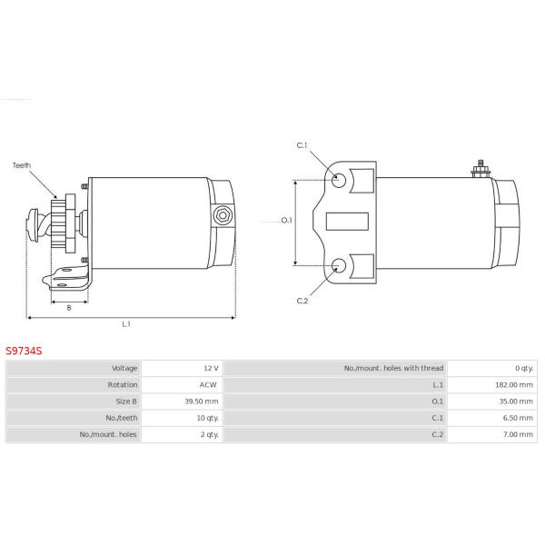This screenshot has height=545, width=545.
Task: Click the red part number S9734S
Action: click(24, 351)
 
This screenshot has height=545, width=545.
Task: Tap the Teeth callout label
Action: click(22, 165)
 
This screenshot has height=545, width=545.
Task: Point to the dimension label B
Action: click(69, 308)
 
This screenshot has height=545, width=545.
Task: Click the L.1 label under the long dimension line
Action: click(126, 324)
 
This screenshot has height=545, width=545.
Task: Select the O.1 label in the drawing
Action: click(286, 220)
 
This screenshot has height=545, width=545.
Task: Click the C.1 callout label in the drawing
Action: click(302, 145)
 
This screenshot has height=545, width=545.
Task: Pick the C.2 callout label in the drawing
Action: click(302, 301)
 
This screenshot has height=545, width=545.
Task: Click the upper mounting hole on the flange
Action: click(338, 180)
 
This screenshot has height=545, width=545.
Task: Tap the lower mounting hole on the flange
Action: click(338, 265)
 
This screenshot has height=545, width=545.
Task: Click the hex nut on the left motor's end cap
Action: click(223, 216)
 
